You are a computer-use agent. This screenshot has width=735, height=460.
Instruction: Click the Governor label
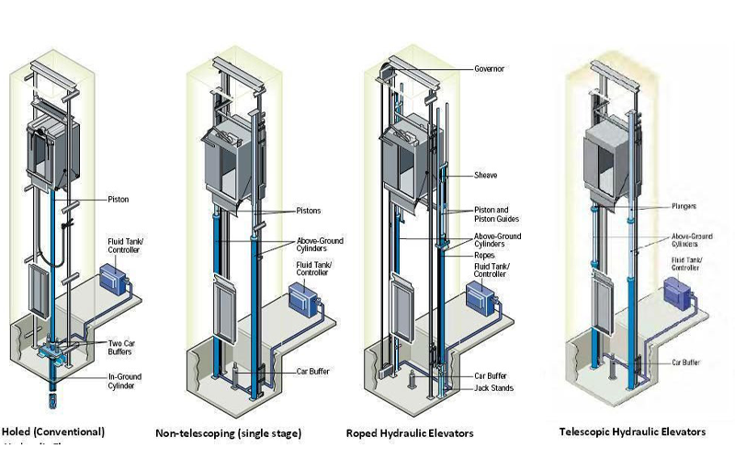pyautogui.click(x=489, y=69)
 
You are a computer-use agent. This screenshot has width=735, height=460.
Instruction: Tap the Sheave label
pyautogui.click(x=486, y=174)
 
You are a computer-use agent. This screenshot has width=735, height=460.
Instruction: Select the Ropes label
pyautogui.click(x=484, y=254)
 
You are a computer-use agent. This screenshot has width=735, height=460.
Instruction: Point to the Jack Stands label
pyautogui.click(x=493, y=388)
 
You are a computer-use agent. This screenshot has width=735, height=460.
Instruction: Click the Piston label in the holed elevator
pyautogui.click(x=118, y=199)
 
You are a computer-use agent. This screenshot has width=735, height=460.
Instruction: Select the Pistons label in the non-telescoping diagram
pyautogui.click(x=308, y=210)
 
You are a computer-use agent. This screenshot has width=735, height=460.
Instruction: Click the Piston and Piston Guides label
pyautogui.click(x=496, y=214)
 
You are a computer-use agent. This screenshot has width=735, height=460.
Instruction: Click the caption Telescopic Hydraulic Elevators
pyautogui.click(x=633, y=431)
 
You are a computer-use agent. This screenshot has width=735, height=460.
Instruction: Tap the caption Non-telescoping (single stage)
pyautogui.click(x=229, y=433)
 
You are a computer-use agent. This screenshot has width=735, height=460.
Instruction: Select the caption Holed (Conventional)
pyautogui.click(x=53, y=431)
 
